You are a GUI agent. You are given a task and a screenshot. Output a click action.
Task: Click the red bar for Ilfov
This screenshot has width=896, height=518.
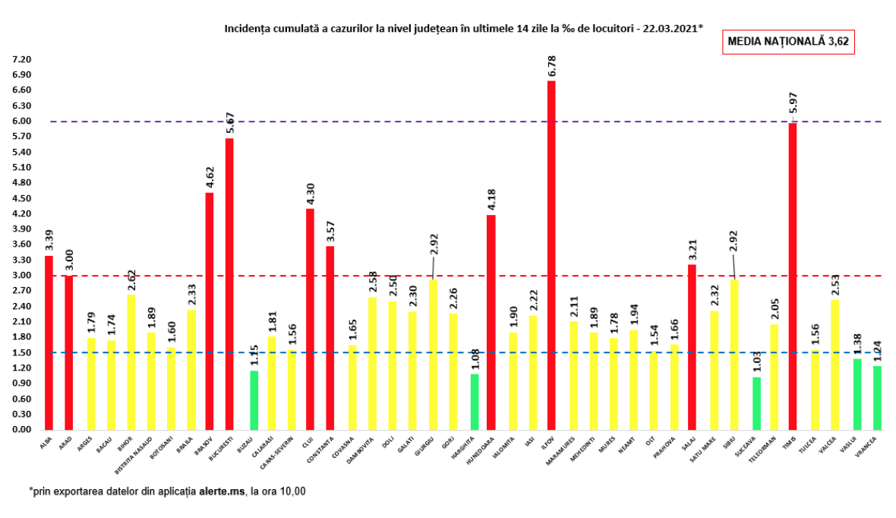click(x=551, y=255)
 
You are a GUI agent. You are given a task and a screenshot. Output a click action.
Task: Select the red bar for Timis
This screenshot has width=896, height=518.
click(x=793, y=276)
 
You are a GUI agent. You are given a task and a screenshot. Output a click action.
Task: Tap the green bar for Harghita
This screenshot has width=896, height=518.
click(x=475, y=402)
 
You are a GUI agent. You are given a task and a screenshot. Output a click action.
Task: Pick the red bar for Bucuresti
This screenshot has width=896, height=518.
click(x=229, y=284)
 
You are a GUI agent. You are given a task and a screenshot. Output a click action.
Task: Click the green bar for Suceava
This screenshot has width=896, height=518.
click(x=756, y=403)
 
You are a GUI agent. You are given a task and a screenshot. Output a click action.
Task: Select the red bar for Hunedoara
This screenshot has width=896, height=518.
click(x=491, y=322)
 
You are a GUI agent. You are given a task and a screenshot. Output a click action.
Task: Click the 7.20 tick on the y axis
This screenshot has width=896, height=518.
click(x=21, y=59)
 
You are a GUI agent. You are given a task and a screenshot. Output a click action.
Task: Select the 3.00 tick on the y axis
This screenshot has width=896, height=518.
click(x=21, y=276)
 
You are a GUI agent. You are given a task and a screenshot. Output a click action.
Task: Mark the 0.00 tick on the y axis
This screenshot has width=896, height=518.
click(x=21, y=430)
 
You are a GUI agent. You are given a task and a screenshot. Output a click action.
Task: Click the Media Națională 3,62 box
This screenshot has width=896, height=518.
click(x=787, y=42)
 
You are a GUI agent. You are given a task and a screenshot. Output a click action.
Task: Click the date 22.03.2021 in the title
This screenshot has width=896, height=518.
click(x=671, y=28)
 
